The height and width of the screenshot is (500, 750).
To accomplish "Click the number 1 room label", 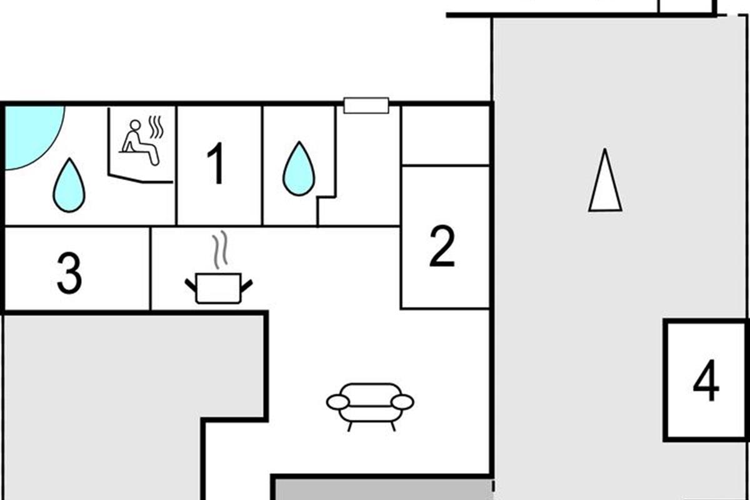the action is (x=217, y=163).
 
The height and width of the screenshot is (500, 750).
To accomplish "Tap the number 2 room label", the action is (x=442, y=247).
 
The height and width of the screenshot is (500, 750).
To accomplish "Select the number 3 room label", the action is (x=69, y=273).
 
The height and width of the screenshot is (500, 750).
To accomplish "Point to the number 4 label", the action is (x=706, y=381).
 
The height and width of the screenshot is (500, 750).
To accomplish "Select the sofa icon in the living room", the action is (x=370, y=407).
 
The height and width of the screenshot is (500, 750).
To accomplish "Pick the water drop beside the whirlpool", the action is (x=69, y=185).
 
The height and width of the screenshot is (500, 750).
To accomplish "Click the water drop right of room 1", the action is (x=299, y=169).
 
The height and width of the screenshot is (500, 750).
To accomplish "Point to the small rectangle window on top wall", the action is (x=366, y=106).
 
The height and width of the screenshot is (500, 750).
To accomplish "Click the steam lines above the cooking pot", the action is (x=220, y=249).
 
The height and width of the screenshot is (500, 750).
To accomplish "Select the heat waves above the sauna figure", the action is (x=157, y=127).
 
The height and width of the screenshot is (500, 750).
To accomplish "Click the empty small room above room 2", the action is (x=445, y=136).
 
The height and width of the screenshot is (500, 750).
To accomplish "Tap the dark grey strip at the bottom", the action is (x=384, y=489).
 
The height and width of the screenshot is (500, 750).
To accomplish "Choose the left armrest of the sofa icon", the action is (x=338, y=402).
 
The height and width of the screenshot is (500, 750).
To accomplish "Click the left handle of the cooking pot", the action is (x=191, y=285).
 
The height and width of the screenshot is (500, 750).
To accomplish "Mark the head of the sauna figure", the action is (x=134, y=125).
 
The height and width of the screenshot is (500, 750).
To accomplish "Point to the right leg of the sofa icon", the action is (x=393, y=426).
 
